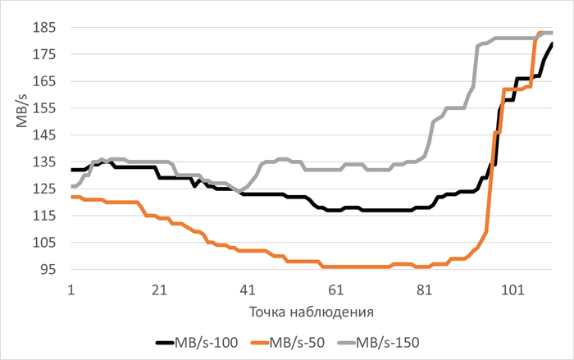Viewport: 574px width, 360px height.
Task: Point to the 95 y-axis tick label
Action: click(x=48, y=270)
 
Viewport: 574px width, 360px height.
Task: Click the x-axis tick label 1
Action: click(x=71, y=289)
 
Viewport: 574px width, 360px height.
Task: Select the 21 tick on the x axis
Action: click(x=160, y=289)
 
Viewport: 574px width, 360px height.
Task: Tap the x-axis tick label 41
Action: click(x=248, y=289)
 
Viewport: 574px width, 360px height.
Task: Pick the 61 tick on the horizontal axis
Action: click(x=336, y=289)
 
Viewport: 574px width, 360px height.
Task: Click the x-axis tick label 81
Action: click(x=424, y=289)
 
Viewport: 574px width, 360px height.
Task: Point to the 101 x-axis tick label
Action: click(x=512, y=289)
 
